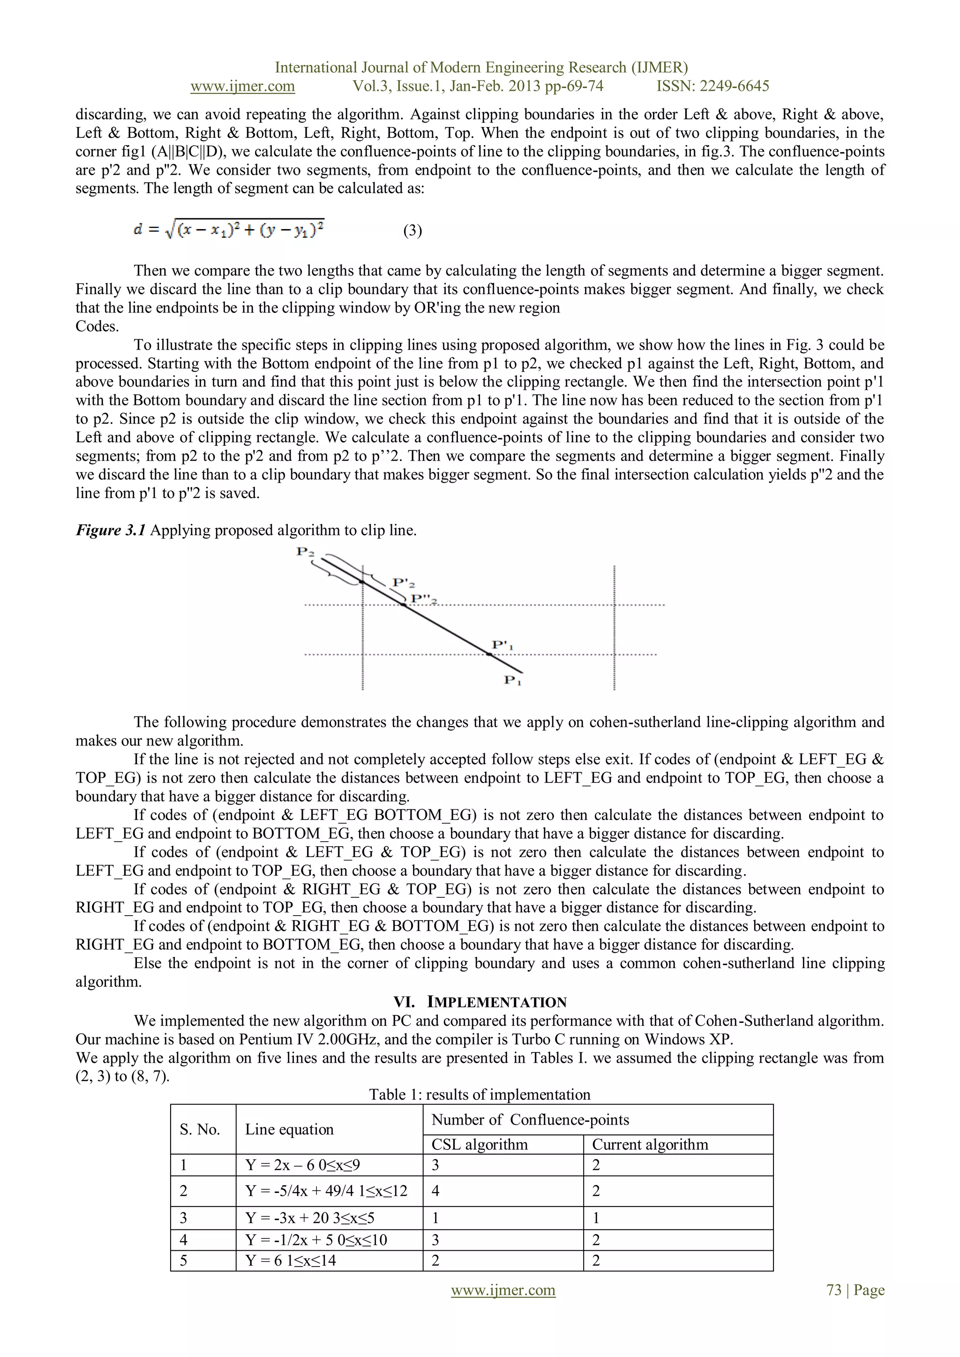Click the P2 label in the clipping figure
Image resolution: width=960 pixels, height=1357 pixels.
click(x=305, y=552)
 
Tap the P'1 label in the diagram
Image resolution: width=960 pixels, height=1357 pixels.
click(x=502, y=645)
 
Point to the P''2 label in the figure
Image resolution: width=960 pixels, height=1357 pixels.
click(x=424, y=599)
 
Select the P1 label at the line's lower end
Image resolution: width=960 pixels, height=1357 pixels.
click(x=512, y=680)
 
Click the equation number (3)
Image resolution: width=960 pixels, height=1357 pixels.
click(x=412, y=231)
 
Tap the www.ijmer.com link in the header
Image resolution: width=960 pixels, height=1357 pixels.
click(x=242, y=86)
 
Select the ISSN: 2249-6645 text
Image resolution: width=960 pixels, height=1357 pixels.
click(x=712, y=86)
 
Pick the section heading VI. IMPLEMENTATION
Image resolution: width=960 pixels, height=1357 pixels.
click(x=480, y=1002)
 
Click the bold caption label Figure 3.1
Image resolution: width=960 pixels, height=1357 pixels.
click(x=111, y=530)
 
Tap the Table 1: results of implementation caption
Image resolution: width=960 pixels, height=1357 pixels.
click(x=480, y=1095)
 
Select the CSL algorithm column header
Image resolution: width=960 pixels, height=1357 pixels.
click(x=480, y=1144)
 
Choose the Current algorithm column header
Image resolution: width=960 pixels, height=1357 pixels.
click(x=650, y=1144)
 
